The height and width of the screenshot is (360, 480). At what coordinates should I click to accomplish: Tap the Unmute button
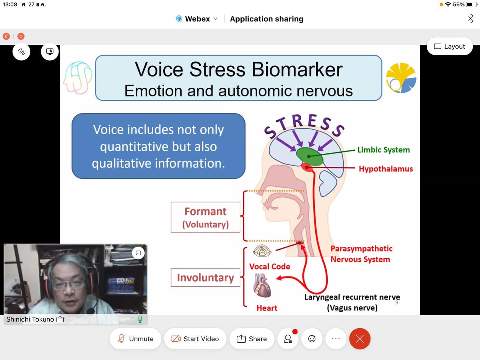[135, 339]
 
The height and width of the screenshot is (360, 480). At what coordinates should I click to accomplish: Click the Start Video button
[195, 339]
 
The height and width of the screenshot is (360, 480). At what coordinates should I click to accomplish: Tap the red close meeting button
[360, 339]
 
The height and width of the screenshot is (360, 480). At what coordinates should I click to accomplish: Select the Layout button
[449, 46]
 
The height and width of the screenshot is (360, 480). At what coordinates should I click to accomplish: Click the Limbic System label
[384, 150]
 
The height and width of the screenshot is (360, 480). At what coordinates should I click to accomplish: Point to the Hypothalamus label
[386, 169]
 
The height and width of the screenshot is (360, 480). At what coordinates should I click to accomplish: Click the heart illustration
[262, 285]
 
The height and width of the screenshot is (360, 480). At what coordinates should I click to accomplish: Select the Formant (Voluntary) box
[205, 217]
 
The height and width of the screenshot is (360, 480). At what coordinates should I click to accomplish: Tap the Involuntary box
[205, 277]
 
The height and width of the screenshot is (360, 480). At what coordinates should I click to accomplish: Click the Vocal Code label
[270, 266]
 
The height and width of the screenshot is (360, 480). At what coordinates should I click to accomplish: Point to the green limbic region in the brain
[309, 156]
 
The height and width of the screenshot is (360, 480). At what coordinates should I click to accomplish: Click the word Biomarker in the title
[297, 70]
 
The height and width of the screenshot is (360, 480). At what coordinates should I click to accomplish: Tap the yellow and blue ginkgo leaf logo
[401, 78]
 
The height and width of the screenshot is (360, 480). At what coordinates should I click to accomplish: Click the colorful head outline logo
[78, 77]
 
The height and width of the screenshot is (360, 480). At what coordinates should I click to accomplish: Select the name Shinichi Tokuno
[30, 319]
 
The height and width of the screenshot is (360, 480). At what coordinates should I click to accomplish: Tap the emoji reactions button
[312, 339]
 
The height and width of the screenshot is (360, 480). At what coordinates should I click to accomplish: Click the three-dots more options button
[336, 339]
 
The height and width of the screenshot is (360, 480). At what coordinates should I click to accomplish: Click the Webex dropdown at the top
[197, 19]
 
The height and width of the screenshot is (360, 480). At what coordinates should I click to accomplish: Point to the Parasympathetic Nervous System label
[361, 254]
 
